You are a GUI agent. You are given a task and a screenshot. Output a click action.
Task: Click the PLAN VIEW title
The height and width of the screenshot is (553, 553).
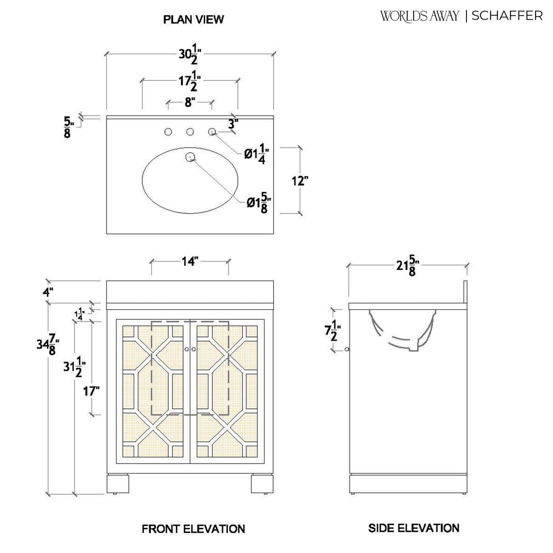[x=193, y=20]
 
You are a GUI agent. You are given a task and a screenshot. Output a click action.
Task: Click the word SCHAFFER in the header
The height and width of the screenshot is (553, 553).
[x=507, y=16]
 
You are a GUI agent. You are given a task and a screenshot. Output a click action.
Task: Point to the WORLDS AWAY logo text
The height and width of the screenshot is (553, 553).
[x=419, y=16]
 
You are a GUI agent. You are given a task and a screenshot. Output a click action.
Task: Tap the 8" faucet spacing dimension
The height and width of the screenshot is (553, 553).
[x=190, y=103]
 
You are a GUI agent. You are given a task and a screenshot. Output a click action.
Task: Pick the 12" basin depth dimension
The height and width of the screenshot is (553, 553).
[x=300, y=181]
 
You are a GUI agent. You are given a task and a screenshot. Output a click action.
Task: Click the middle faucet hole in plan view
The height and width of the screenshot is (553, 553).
[x=190, y=132]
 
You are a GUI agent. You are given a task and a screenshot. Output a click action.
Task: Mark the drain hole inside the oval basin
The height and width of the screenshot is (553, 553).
[x=190, y=157]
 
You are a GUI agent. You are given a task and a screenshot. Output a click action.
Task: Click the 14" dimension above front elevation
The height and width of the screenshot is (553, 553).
[x=190, y=262]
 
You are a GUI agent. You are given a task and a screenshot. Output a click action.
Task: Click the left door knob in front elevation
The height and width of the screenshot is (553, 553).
[x=187, y=349]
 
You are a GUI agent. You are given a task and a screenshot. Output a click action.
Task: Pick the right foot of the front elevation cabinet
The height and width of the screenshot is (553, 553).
[x=262, y=484]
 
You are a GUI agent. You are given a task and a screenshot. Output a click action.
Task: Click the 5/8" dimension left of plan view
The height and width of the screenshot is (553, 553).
[x=67, y=127]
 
